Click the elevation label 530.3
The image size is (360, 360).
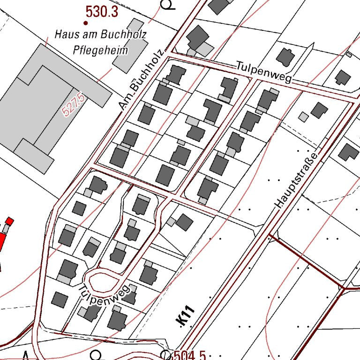102,12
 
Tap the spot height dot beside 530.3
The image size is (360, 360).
86,22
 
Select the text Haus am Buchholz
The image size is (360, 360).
100,34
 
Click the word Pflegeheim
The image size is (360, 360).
100,50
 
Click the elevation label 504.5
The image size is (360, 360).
189,355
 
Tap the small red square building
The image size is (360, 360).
9,220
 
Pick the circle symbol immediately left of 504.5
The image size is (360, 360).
165,354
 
